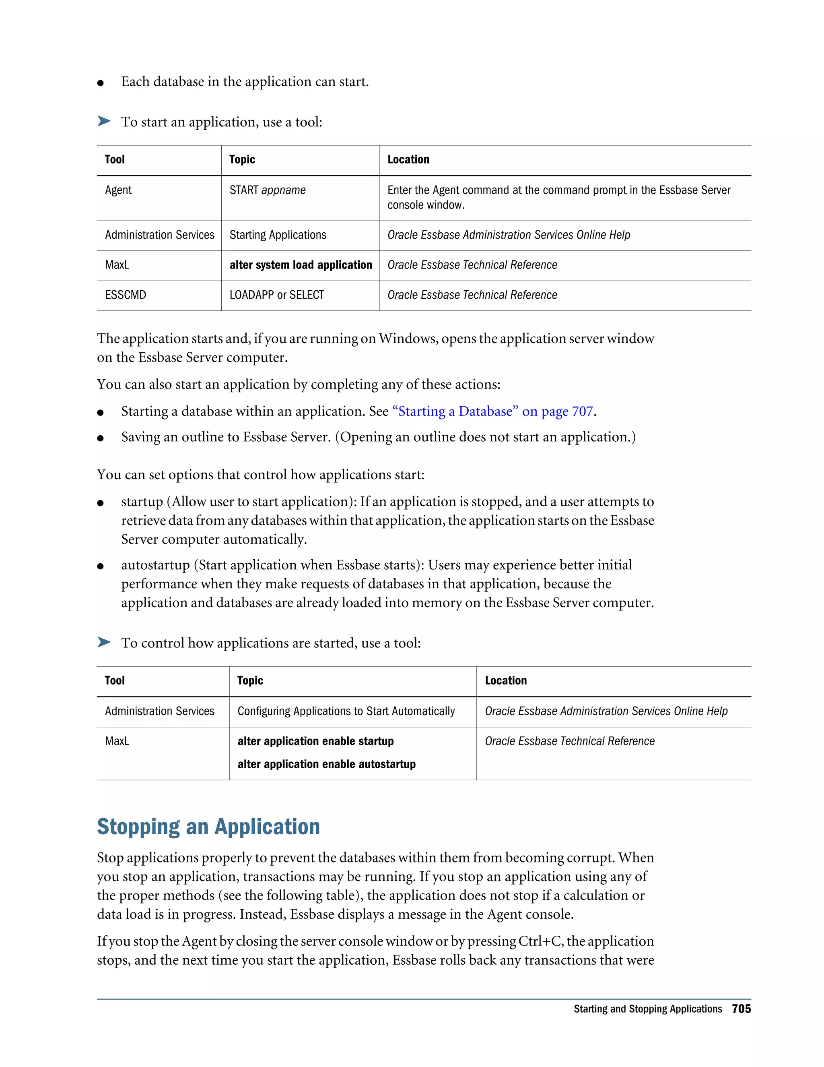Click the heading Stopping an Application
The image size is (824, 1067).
(208, 827)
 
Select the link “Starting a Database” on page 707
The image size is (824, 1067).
(493, 411)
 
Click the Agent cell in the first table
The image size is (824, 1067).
(118, 190)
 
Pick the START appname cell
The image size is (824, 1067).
(268, 190)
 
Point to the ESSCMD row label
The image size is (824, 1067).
(126, 295)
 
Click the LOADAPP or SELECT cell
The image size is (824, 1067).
(277, 295)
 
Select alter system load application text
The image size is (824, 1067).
(301, 265)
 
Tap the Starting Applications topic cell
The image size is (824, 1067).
(278, 235)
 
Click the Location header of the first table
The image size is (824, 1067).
(408, 159)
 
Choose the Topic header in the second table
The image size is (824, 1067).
(250, 680)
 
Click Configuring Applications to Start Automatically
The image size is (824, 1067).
(346, 711)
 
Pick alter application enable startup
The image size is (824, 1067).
(315, 741)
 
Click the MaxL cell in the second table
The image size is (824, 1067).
(117, 741)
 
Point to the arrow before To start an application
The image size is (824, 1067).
(104, 121)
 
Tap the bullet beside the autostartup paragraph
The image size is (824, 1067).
(101, 566)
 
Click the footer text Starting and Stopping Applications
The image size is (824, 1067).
(647, 1009)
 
